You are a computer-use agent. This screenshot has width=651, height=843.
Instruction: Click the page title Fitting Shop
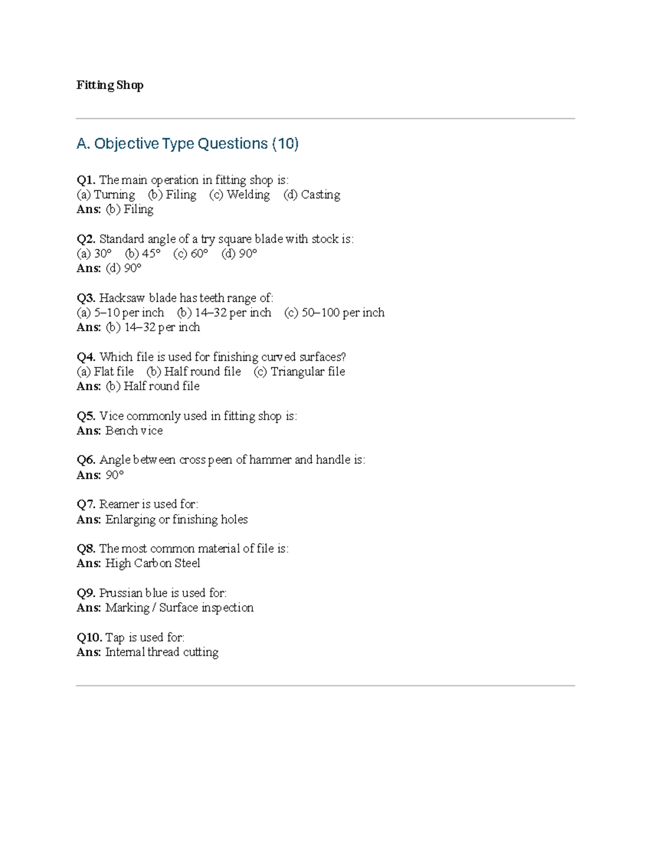(110, 85)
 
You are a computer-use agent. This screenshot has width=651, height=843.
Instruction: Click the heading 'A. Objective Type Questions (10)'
(188, 143)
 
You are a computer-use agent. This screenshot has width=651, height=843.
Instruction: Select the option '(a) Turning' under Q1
(106, 194)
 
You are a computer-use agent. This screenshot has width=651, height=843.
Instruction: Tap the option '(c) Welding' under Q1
(239, 194)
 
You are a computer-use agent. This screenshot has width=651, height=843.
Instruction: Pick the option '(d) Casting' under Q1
(311, 194)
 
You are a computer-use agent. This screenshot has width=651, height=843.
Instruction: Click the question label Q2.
(86, 239)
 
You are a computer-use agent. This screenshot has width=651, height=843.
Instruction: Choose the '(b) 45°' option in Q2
(143, 253)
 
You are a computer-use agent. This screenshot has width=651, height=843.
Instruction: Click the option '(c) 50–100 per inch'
(334, 313)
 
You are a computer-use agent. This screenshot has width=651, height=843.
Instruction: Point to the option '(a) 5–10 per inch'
(120, 313)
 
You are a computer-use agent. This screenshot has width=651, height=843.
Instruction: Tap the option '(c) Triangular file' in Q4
(299, 371)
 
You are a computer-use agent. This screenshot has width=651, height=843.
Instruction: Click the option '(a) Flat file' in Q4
(105, 371)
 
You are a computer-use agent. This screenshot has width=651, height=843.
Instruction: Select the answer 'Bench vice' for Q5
(134, 430)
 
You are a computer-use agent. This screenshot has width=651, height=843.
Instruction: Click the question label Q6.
(86, 460)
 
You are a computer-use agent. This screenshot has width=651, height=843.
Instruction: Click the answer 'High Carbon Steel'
(152, 563)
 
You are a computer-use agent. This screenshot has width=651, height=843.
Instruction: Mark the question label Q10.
(89, 637)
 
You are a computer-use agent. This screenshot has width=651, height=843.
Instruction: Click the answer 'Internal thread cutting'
(162, 652)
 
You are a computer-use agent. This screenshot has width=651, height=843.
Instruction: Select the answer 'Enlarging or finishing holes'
(176, 519)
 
